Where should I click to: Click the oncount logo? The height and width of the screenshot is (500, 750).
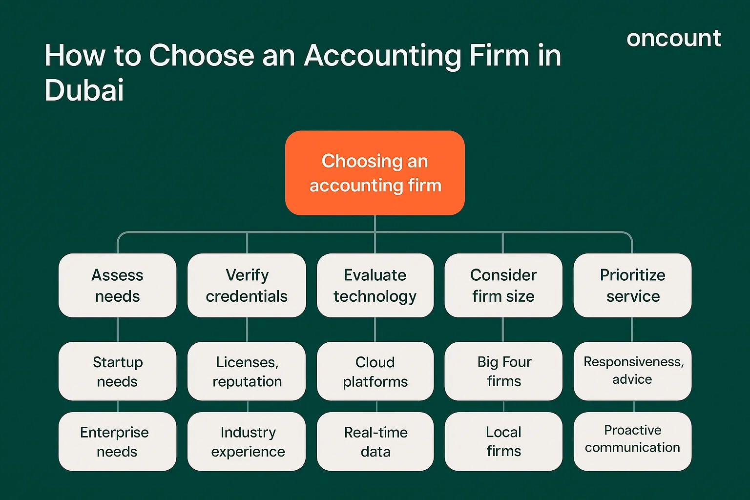click(x=673, y=39)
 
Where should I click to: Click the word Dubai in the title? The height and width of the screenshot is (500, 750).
click(x=84, y=90)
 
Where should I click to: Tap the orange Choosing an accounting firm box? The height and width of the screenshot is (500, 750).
click(x=375, y=173)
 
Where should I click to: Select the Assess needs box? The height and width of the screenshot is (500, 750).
click(x=118, y=285)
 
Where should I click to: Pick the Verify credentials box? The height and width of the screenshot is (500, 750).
click(x=247, y=285)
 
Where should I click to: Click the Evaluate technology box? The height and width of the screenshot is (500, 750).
click(x=375, y=285)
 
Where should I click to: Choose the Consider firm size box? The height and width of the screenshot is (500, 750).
click(x=503, y=285)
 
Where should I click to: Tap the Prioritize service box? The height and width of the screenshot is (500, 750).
click(x=632, y=285)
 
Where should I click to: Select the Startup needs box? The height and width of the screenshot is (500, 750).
click(x=118, y=371)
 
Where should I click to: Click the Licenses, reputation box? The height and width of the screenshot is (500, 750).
click(x=247, y=371)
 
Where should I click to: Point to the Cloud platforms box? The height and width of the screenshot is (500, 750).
click(x=375, y=371)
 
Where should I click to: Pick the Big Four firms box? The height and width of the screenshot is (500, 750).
click(x=503, y=371)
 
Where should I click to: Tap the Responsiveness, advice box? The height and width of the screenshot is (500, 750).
click(x=632, y=371)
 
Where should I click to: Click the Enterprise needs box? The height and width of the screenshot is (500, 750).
click(x=118, y=441)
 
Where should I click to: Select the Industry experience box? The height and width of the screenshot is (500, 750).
click(x=247, y=441)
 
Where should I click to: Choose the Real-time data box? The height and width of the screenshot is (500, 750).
click(x=375, y=441)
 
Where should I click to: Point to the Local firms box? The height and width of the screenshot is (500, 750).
click(x=503, y=441)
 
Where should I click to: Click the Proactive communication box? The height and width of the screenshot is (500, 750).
click(x=632, y=441)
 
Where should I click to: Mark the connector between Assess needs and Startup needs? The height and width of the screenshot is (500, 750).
click(x=118, y=330)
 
